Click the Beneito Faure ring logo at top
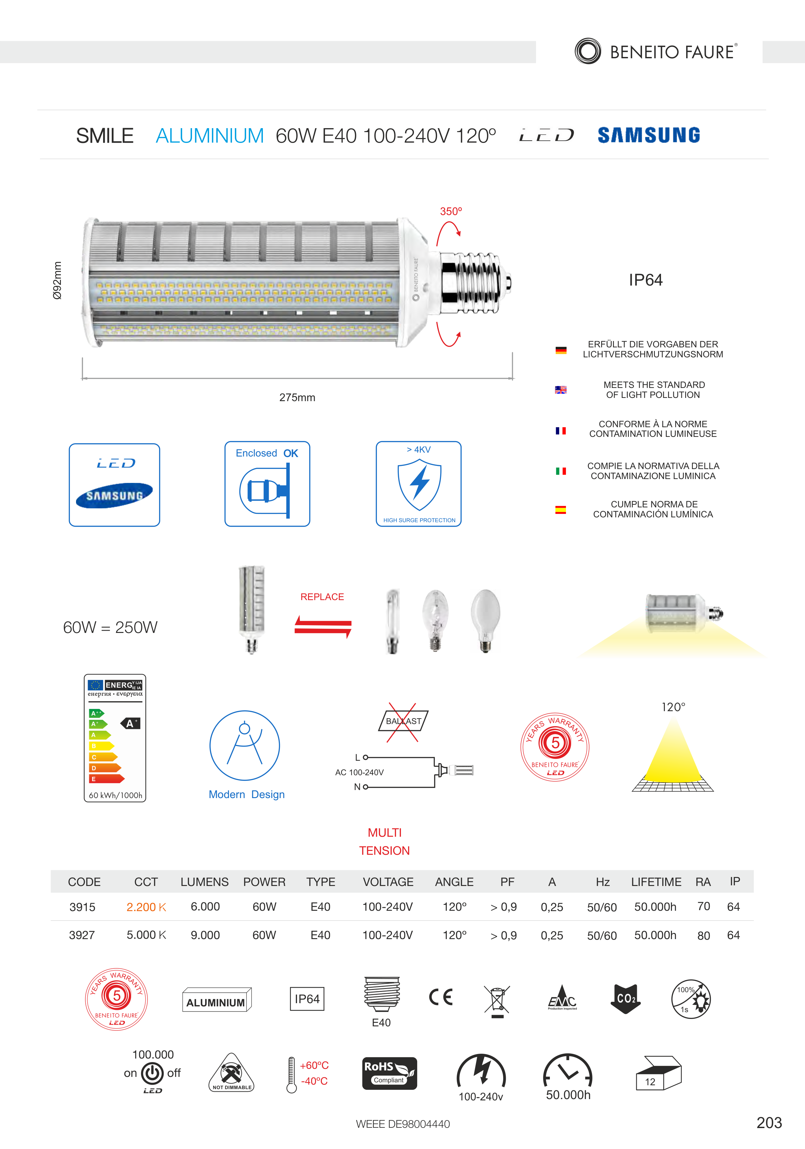(588, 51)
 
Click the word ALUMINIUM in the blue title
(210, 136)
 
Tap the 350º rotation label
(451, 211)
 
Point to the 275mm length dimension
(297, 397)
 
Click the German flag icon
(561, 350)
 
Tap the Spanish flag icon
(561, 510)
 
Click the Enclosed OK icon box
(267, 484)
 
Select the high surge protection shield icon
(419, 485)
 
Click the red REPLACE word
(322, 597)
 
